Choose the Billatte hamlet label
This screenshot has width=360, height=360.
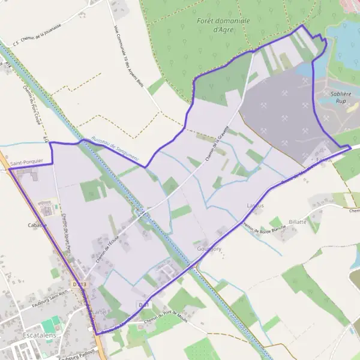(x=298, y=221)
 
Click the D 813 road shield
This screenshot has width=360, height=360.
(x=79, y=284)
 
